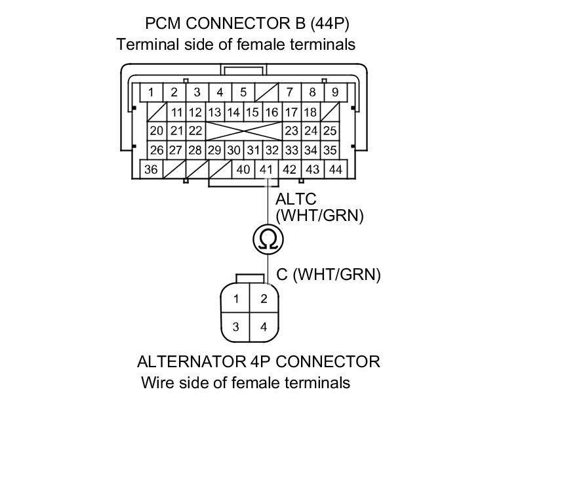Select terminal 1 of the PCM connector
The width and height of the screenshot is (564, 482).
(x=151, y=92)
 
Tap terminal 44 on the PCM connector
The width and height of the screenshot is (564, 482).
(x=336, y=170)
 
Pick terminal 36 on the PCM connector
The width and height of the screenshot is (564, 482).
(x=151, y=170)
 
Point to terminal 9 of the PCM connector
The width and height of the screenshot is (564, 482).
(x=335, y=92)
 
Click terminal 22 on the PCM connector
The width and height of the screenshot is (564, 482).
(x=195, y=131)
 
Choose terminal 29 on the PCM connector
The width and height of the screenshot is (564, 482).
(x=214, y=150)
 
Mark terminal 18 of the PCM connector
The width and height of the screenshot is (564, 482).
(x=310, y=112)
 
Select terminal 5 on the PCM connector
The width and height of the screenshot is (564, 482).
(x=243, y=92)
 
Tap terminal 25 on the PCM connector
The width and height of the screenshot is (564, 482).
(x=330, y=131)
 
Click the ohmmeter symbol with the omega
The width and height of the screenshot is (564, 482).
(x=268, y=239)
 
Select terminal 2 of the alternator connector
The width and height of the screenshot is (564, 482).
(x=264, y=300)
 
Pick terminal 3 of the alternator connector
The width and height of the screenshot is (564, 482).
(x=236, y=327)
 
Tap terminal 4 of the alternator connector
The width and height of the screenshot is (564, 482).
(x=264, y=327)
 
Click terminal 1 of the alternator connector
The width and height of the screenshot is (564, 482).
(x=236, y=300)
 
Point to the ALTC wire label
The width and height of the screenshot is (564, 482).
(x=296, y=199)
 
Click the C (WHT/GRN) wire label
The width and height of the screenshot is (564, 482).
(x=328, y=275)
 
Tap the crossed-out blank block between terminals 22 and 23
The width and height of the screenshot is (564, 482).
(x=245, y=131)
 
